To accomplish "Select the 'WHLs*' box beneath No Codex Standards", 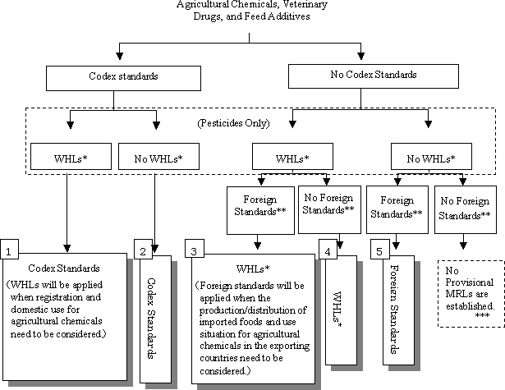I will click(292, 155).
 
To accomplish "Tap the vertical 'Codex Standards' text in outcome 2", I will click(150, 308).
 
